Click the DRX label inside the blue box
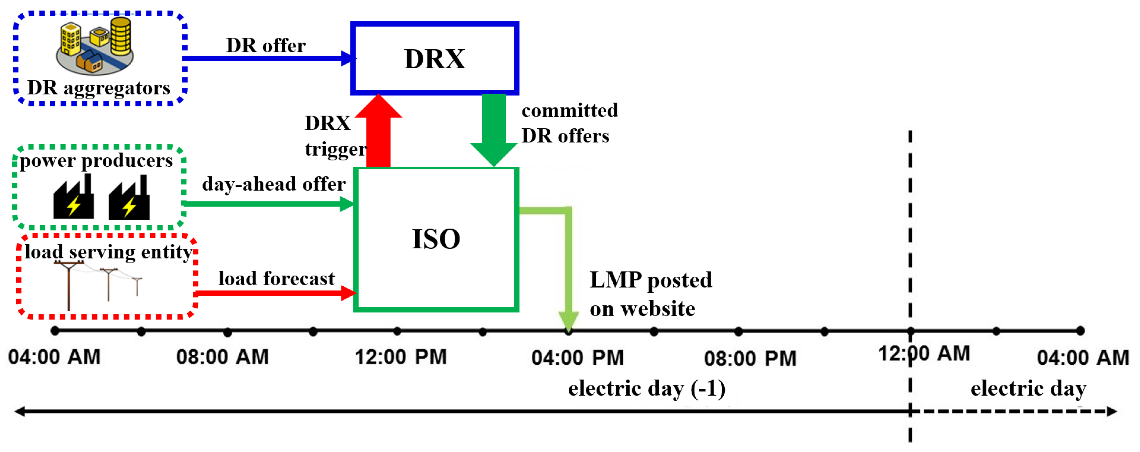point(434,59)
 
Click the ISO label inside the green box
point(436,239)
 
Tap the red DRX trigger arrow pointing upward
point(378,133)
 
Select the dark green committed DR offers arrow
point(493,128)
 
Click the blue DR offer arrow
point(265,58)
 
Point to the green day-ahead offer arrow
point(265,204)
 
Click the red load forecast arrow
point(274,292)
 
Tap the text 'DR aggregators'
point(98,88)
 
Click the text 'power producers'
point(96,160)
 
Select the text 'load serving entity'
point(108,252)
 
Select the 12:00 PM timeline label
point(401,357)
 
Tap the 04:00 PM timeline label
point(577,358)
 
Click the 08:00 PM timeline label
point(750,358)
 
